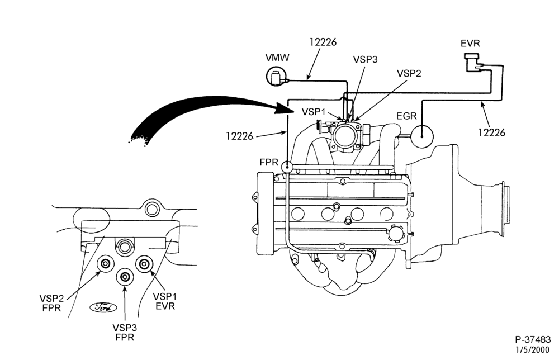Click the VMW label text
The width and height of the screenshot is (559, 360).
(x=277, y=58)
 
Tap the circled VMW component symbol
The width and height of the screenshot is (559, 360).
(x=276, y=76)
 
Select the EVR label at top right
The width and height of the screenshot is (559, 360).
(x=470, y=44)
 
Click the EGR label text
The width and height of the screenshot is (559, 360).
(x=406, y=116)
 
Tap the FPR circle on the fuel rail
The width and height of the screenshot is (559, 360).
(x=287, y=166)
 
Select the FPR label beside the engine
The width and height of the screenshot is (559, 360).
(x=269, y=162)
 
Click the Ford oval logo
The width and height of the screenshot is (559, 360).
(x=103, y=307)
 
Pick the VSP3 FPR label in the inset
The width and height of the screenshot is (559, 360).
(x=125, y=332)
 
